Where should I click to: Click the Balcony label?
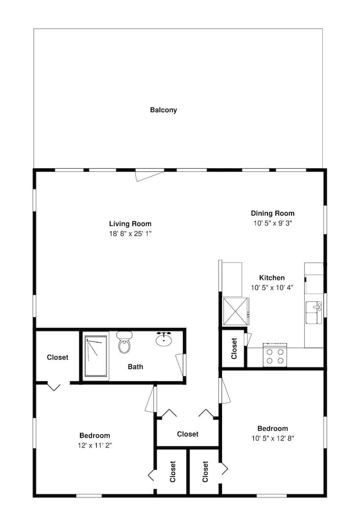tap(164, 110)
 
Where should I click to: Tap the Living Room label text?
tap(130, 224)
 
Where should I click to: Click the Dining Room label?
tap(272, 213)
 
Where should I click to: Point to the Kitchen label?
tap(272, 278)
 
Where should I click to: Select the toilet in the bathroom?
tap(124, 342)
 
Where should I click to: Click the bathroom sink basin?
tap(165, 340)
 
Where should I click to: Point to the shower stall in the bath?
tap(95, 357)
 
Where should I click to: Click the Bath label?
tap(135, 367)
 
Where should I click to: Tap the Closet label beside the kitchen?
tap(234, 348)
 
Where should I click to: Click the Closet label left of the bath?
tap(57, 358)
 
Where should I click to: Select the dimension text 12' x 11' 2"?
tap(95, 445)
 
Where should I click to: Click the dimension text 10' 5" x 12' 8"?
tap(272, 438)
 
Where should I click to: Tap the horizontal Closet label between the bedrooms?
tap(188, 434)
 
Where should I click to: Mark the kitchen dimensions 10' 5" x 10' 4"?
tap(272, 287)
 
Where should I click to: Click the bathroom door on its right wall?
tap(181, 364)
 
